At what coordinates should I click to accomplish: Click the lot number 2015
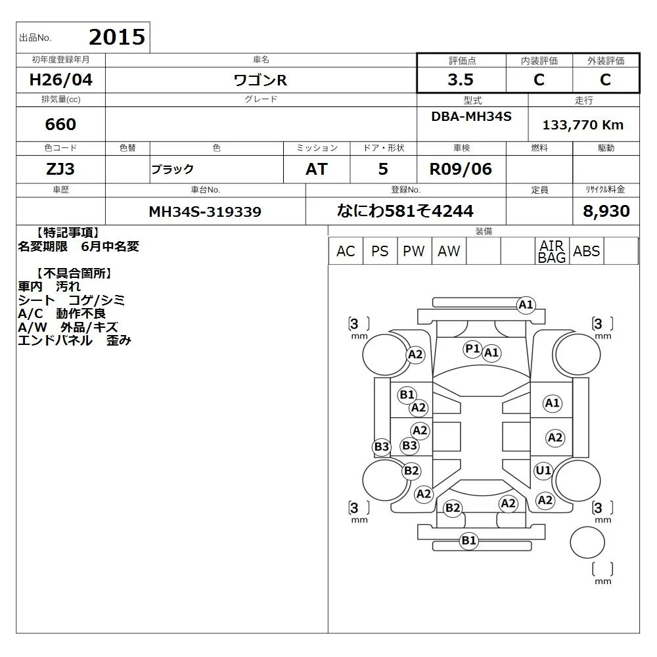coord(117,37)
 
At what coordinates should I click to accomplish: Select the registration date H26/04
coord(60,79)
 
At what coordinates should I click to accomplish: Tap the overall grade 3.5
coord(461,79)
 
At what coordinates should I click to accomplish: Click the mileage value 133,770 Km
coord(583,125)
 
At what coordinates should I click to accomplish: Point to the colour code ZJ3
coord(60,169)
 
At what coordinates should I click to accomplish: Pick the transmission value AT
coord(317,170)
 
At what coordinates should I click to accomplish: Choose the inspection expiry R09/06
coord(461,170)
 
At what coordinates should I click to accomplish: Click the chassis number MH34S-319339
coord(205,212)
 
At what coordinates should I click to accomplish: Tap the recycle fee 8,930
coord(606,211)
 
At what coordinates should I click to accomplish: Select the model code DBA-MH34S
coord(471,116)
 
